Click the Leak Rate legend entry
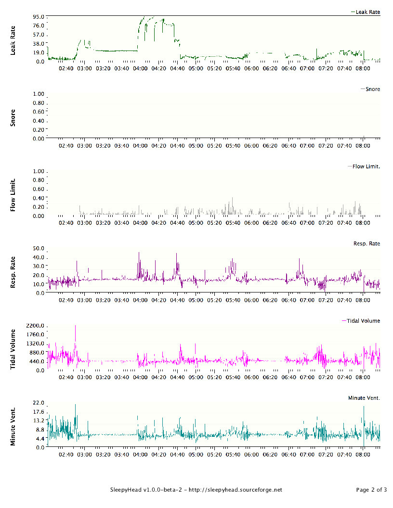(366, 12)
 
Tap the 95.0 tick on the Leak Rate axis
(39, 16)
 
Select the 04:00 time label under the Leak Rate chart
(140, 68)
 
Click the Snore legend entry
(370, 89)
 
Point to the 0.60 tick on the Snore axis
(39, 112)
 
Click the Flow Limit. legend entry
(364, 166)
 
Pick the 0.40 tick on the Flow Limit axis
(39, 198)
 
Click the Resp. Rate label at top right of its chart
(367, 243)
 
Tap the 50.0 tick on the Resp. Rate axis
(39, 249)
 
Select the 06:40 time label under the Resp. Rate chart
(288, 300)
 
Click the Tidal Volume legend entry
(361, 321)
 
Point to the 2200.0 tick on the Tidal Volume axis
(36, 326)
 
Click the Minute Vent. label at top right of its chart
(364, 398)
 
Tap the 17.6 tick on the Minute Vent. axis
(39, 412)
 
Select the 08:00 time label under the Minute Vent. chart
(363, 455)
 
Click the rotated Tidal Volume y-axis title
(13, 349)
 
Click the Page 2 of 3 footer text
(372, 490)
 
